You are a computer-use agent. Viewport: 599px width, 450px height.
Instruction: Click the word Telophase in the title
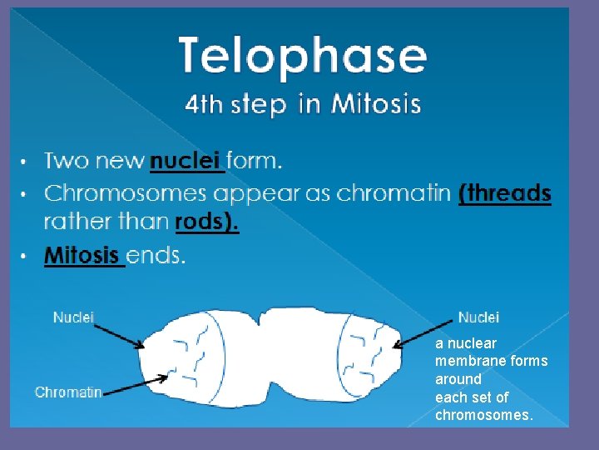[303, 56]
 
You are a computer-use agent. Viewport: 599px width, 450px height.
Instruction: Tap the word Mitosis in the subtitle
[376, 104]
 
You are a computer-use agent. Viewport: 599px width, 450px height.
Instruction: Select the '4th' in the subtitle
[203, 104]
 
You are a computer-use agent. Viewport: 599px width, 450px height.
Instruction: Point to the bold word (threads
[505, 193]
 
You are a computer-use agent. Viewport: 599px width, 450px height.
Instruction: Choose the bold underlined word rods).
[206, 222]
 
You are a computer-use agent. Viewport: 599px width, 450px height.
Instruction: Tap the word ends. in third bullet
[156, 255]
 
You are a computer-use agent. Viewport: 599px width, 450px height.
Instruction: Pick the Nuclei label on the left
[74, 317]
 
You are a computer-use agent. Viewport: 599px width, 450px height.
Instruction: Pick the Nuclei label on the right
[478, 317]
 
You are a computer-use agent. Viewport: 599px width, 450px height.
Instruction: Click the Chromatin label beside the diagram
[68, 392]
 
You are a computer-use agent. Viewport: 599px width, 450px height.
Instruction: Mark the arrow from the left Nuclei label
[119, 335]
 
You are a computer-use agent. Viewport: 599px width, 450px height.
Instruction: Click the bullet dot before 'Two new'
[24, 160]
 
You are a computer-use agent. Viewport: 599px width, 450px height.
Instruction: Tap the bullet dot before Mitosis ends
[24, 255]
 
